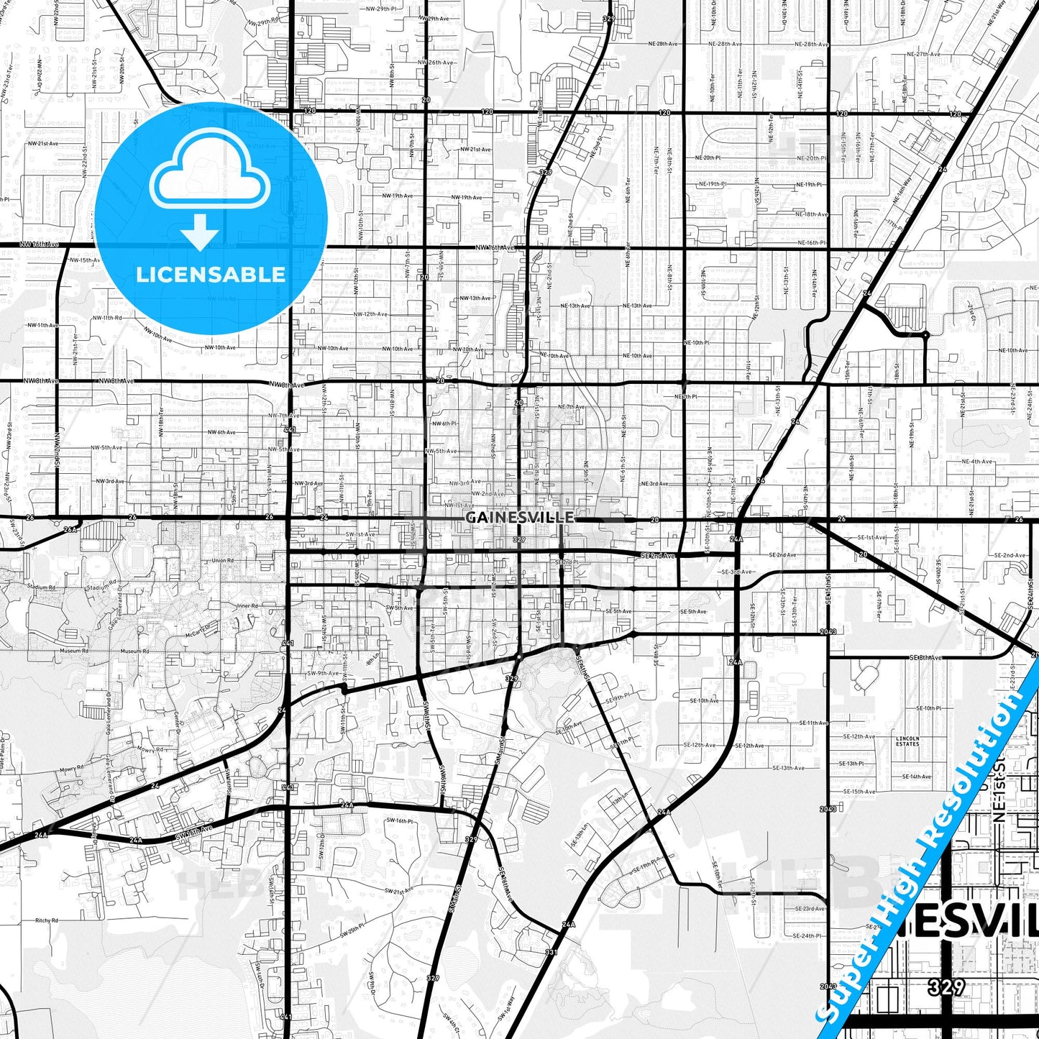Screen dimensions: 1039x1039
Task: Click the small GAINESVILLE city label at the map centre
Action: pyautogui.click(x=519, y=517)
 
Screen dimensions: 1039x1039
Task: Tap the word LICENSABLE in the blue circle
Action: pyautogui.click(x=211, y=275)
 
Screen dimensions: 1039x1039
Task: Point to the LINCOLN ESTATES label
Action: pyautogui.click(x=907, y=741)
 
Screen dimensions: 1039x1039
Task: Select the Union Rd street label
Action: pyautogui.click(x=222, y=561)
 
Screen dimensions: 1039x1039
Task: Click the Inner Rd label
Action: pyautogui.click(x=247, y=606)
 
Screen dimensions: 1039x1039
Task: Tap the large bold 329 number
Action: pyautogui.click(x=946, y=987)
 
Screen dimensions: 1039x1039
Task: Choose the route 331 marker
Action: pyautogui.click(x=551, y=952)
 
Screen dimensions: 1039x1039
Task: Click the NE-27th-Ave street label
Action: pyautogui.click(x=924, y=54)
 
